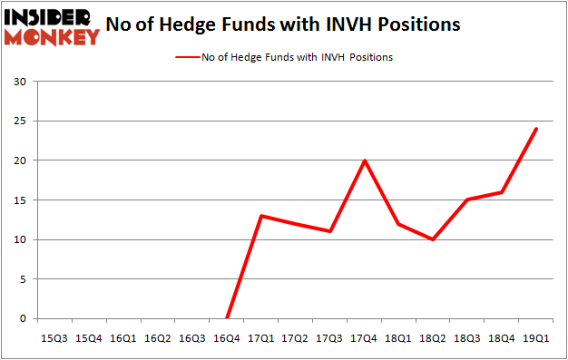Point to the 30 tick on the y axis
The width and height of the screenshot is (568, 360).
pyautogui.click(x=21, y=82)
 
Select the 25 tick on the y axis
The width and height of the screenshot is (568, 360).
pyautogui.click(x=21, y=122)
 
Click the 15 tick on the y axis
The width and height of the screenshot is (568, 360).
pyautogui.click(x=21, y=200)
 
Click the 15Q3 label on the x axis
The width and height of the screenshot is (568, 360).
pyautogui.click(x=54, y=337)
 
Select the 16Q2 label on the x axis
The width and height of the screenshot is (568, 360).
pyautogui.click(x=158, y=337)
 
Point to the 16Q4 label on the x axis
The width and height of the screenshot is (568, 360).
pyautogui.click(x=226, y=337)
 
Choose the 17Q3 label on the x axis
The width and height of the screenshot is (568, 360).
pyautogui.click(x=329, y=337)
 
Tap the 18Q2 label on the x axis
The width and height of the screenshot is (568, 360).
pyautogui.click(x=433, y=337)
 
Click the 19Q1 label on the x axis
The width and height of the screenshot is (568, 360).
pyautogui.click(x=536, y=337)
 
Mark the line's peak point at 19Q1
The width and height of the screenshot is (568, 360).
pyautogui.click(x=536, y=129)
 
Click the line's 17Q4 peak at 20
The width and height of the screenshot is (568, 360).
pyautogui.click(x=364, y=161)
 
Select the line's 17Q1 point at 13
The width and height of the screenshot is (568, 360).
pyautogui.click(x=260, y=216)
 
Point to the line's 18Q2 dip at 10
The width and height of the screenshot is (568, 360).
pyautogui.click(x=433, y=239)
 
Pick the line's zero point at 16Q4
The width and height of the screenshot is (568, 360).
pyautogui.click(x=226, y=318)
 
